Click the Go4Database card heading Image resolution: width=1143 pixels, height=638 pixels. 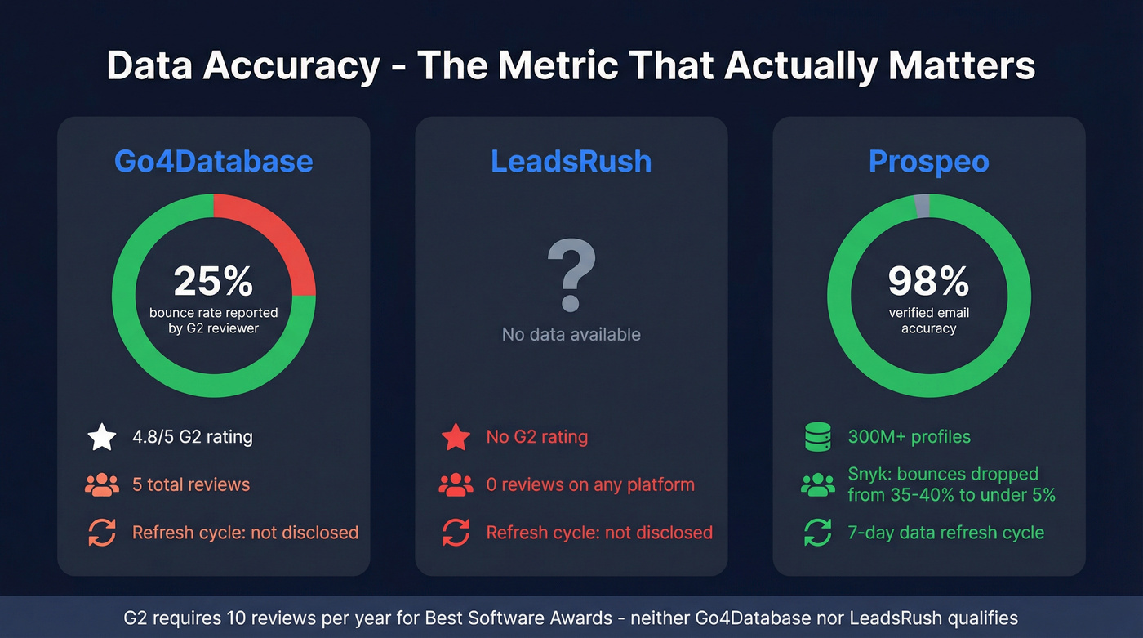213,161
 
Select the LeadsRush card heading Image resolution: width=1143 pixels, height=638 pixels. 571,161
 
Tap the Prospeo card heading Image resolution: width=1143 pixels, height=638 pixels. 928,161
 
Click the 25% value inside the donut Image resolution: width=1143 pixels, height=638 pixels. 213,281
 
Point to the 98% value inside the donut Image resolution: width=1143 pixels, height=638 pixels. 928,281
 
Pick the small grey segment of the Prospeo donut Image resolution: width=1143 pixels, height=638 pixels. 923,206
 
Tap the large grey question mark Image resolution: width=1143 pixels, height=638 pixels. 571,274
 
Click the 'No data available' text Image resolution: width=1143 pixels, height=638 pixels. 571,334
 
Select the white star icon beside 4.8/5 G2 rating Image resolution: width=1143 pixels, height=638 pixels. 102,437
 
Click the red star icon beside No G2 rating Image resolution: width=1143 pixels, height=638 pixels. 456,437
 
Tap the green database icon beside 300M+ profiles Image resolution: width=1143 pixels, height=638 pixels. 817,437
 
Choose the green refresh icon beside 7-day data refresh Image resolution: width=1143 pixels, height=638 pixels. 817,533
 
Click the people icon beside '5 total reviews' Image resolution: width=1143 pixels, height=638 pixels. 102,484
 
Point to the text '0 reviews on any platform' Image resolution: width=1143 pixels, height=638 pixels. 590,484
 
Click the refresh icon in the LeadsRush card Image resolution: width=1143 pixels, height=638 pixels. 456,533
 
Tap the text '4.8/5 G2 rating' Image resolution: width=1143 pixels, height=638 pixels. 193,437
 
